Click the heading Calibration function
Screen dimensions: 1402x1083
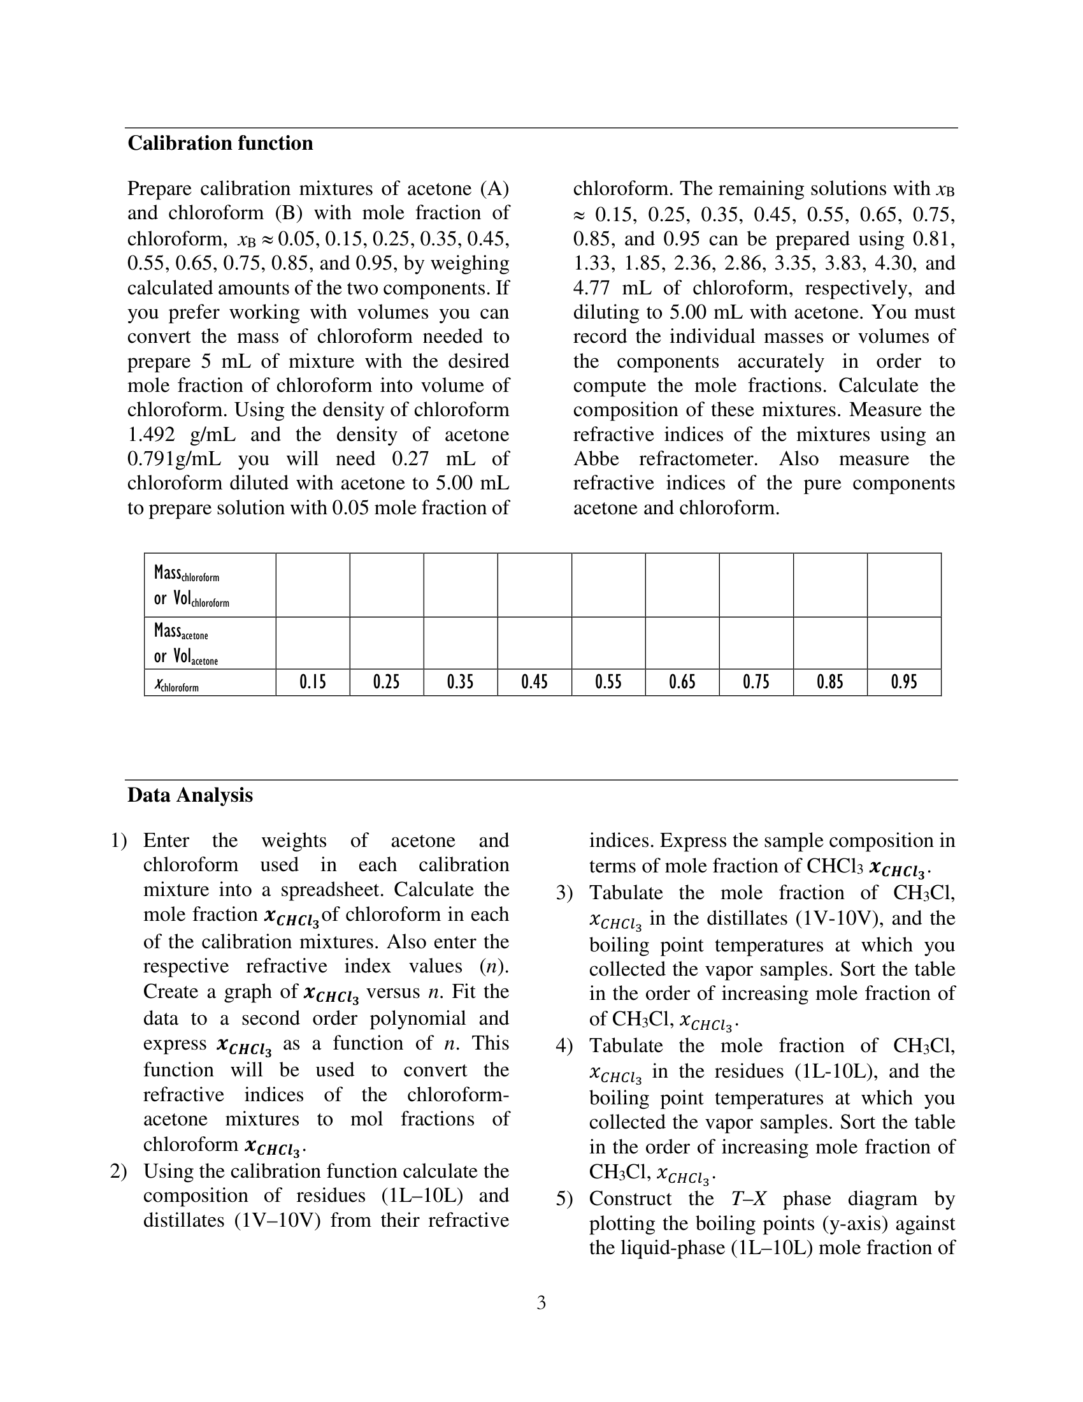tap(220, 143)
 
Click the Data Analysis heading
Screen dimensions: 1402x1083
tap(190, 795)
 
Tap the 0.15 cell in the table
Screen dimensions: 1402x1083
tap(312, 682)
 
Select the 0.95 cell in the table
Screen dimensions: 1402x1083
tap(903, 682)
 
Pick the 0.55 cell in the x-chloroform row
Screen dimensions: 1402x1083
tap(608, 682)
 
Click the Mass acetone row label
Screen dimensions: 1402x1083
tap(185, 643)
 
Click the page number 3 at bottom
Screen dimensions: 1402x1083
tap(541, 1303)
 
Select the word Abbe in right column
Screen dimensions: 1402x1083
tap(596, 459)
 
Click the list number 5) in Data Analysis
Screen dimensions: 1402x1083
tap(564, 1199)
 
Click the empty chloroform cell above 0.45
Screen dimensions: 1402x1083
tap(534, 585)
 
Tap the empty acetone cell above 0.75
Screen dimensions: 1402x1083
tap(756, 643)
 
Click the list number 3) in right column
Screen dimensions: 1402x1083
tap(564, 893)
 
